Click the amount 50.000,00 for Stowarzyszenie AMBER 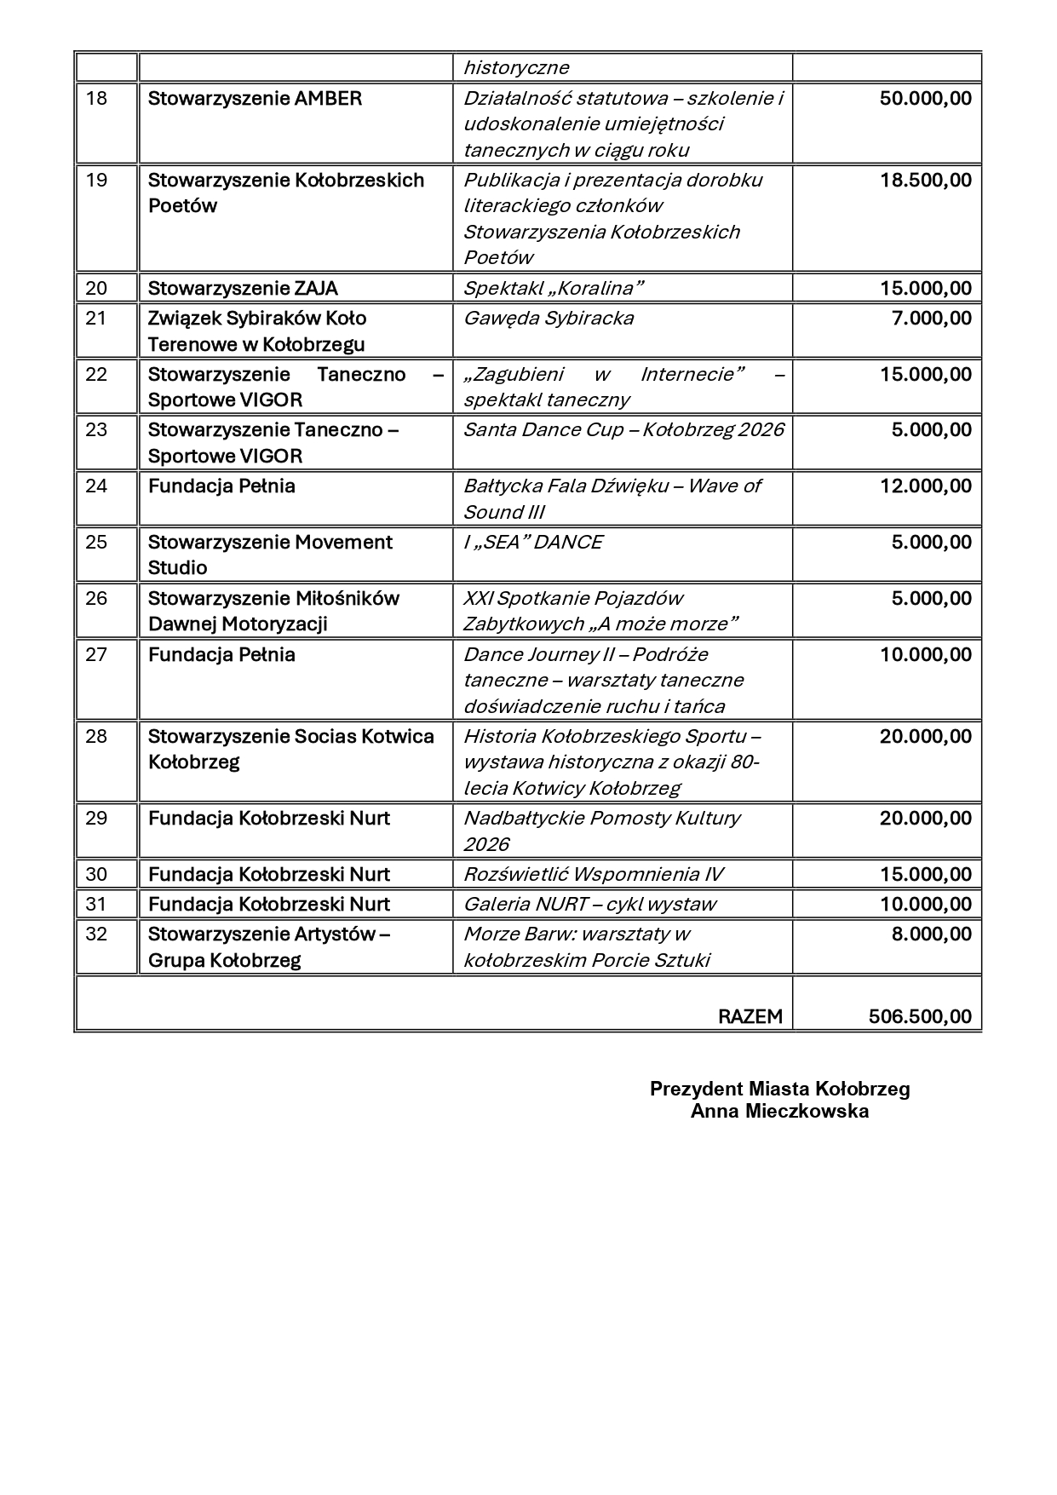click(x=925, y=98)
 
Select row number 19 click(x=96, y=180)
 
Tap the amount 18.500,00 click(x=925, y=180)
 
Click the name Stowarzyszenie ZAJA click(x=243, y=288)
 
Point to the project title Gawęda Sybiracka click(x=548, y=318)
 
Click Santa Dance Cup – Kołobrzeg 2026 click(x=623, y=429)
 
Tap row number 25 click(x=96, y=542)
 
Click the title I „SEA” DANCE click(x=532, y=542)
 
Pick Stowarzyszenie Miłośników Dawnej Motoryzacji click(x=273, y=611)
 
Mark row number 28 click(x=96, y=736)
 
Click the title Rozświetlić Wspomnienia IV click(x=594, y=874)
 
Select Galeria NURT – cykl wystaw click(x=589, y=904)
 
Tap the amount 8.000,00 click(x=931, y=934)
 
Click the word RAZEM click(x=750, y=1016)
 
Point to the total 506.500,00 click(x=920, y=1016)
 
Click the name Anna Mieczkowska click(x=779, y=1111)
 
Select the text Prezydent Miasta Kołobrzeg click(x=779, y=1089)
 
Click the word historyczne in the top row click(x=515, y=67)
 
